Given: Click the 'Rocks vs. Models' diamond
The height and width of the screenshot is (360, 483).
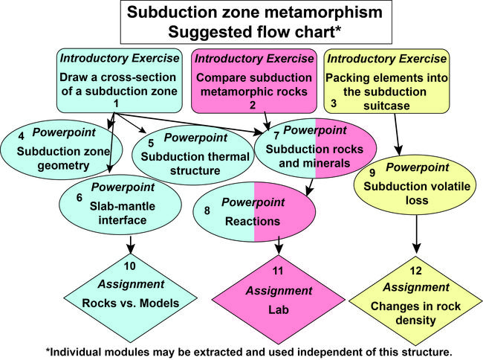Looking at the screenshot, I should point(130,294).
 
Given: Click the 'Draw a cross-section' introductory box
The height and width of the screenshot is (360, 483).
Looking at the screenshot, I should point(119,79).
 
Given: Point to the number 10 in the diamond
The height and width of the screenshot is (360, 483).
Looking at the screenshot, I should point(130,266).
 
